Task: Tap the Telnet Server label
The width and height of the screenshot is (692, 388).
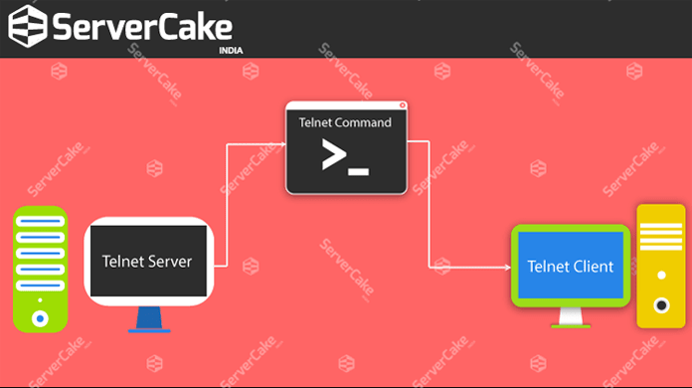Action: tap(147, 262)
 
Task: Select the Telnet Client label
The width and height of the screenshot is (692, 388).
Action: tap(570, 266)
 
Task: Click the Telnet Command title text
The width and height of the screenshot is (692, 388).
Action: tap(345, 122)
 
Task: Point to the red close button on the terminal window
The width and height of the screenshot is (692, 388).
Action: tap(402, 105)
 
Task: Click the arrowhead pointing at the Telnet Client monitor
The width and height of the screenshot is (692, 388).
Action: tap(504, 266)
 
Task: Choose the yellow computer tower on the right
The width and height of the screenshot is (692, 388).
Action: tap(660, 266)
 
